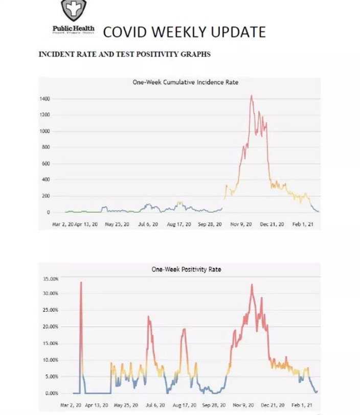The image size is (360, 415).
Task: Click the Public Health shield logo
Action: coord(74,9)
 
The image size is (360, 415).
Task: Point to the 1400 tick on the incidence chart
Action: coord(46,99)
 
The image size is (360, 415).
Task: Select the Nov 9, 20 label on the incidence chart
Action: coord(241,224)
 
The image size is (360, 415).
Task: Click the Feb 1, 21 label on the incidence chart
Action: coord(303,224)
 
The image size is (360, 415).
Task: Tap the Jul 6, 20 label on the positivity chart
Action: coord(155,405)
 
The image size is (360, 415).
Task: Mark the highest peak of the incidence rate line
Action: coord(251,96)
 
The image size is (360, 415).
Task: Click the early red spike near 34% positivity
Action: coord(81,282)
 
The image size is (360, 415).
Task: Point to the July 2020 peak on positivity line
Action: coord(149,316)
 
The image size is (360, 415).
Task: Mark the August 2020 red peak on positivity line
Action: coord(184,329)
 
